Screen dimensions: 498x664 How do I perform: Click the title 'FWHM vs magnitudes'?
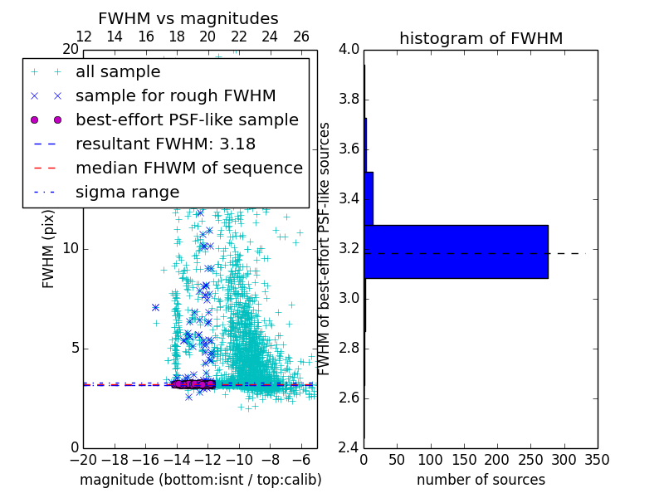[188, 18]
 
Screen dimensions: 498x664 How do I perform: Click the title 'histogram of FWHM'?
[481, 38]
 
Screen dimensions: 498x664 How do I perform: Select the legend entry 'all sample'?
[118, 72]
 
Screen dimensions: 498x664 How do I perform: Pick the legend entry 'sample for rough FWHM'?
[175, 96]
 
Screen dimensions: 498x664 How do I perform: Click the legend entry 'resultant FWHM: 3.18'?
[165, 144]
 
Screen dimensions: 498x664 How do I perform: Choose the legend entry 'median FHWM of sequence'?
[188, 168]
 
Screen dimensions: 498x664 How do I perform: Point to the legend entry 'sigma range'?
[127, 193]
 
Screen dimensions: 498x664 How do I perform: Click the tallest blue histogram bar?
[456, 251]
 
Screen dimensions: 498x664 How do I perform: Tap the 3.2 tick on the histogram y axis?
[349, 248]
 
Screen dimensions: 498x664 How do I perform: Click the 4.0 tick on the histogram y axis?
[349, 49]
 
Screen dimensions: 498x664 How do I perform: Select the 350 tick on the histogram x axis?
[598, 459]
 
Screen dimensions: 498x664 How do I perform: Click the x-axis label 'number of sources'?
[481, 480]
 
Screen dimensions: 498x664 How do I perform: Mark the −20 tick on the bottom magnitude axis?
[83, 459]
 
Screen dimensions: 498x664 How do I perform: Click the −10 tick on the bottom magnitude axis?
[239, 459]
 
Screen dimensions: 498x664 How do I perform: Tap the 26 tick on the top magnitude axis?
[301, 37]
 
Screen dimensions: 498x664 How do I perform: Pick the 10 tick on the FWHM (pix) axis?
[70, 248]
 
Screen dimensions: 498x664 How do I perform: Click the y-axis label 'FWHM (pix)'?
[49, 248]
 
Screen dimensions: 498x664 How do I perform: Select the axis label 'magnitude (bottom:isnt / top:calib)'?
[200, 480]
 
